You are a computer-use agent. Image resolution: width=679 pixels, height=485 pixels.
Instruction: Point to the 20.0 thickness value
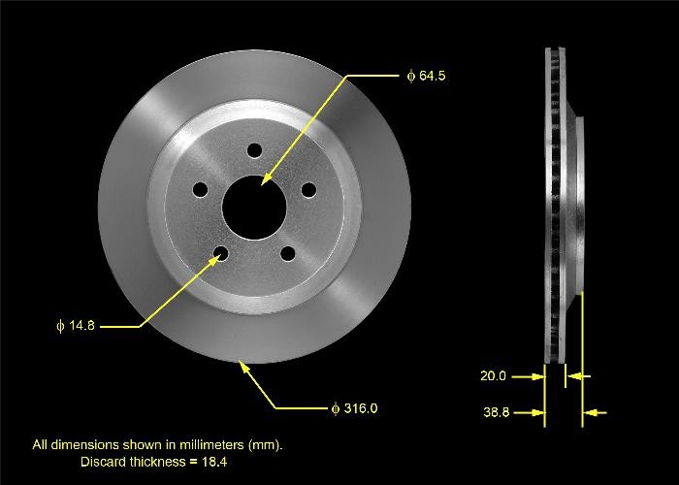493,375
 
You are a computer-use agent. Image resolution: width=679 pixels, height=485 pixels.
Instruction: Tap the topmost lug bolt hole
254,151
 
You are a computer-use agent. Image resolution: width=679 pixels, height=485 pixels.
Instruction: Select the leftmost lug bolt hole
199,190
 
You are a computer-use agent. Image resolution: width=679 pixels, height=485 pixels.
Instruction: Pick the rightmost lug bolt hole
307,190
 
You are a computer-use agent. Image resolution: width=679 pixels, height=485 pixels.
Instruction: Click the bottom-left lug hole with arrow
221,254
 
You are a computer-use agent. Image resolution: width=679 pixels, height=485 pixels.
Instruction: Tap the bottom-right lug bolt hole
287,254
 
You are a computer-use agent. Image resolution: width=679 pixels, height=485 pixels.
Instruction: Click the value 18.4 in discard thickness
215,462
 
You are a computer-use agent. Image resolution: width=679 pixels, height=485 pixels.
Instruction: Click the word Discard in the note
102,462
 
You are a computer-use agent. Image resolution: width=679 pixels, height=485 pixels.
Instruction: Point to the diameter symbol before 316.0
335,408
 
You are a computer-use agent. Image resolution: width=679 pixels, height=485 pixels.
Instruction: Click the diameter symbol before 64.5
410,76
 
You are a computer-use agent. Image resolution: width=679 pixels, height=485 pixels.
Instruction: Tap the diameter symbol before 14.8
60,326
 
